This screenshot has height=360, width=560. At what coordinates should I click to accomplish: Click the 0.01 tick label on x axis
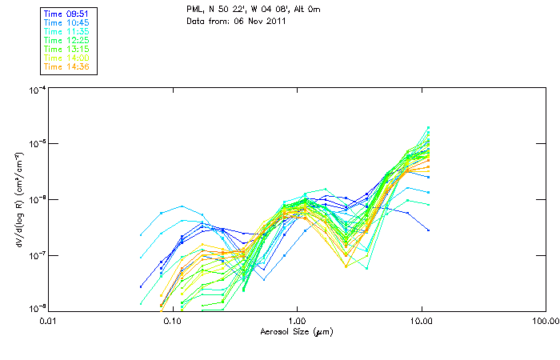tap(48, 320)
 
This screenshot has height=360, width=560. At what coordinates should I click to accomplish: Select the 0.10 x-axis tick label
tap(172, 320)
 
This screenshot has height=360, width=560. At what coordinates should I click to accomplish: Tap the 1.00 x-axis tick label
tap(297, 320)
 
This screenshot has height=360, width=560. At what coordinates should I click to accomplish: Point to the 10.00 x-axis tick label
tap(421, 320)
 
